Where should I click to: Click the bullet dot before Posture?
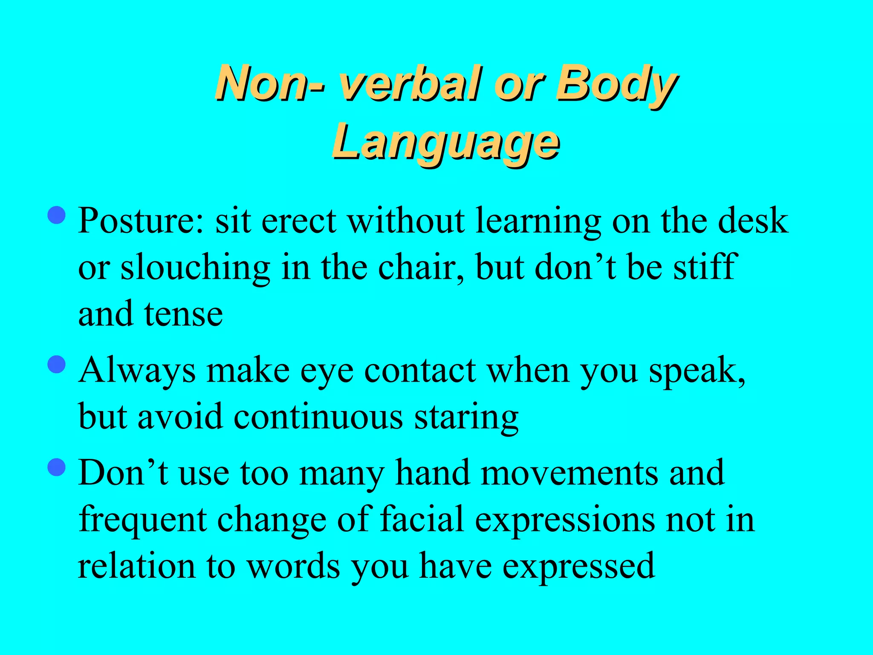tap(57, 215)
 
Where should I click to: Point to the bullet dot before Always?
tap(57, 365)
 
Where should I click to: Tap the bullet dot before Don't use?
tap(57, 467)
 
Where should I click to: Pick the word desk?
tap(753, 220)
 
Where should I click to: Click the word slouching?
tap(195, 268)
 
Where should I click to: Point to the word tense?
tap(183, 314)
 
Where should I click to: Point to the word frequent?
tap(143, 520)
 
